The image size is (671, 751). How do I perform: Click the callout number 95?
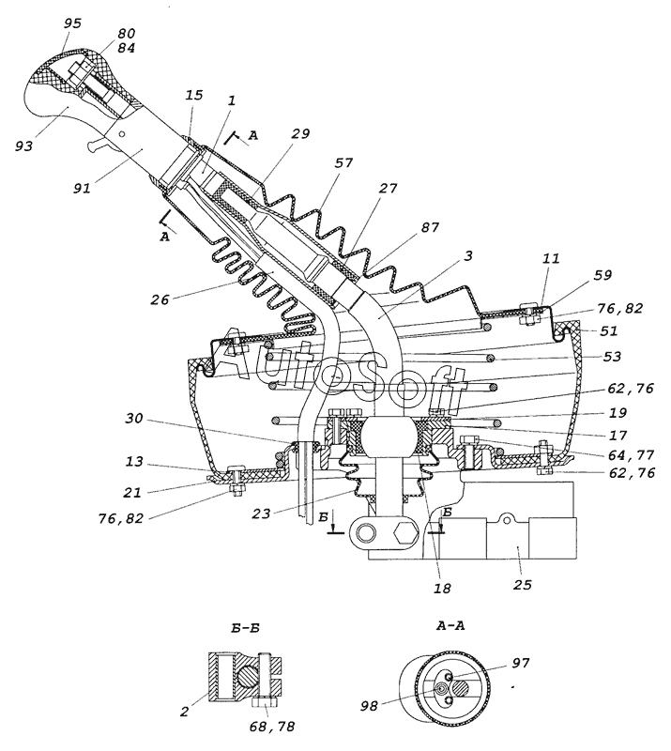click(72, 23)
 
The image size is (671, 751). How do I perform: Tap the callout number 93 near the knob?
click(23, 145)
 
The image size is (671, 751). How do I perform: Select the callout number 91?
click(82, 189)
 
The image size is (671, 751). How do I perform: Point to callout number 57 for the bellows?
click(343, 162)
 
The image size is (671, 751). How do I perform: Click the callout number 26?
click(160, 299)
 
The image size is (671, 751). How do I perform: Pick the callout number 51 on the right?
click(608, 331)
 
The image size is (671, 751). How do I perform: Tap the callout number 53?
click(611, 357)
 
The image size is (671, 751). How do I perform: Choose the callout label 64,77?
click(631, 454)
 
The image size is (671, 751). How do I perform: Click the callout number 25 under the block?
click(522, 585)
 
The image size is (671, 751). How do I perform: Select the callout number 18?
click(442, 588)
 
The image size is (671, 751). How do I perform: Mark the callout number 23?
click(261, 513)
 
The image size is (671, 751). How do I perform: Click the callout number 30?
click(134, 418)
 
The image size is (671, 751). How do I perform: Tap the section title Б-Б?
click(245, 627)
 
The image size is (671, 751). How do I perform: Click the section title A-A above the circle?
click(450, 625)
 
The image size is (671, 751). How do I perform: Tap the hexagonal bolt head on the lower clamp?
click(405, 530)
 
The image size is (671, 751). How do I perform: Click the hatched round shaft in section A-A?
click(461, 689)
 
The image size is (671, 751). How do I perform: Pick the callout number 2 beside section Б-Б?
click(185, 712)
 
